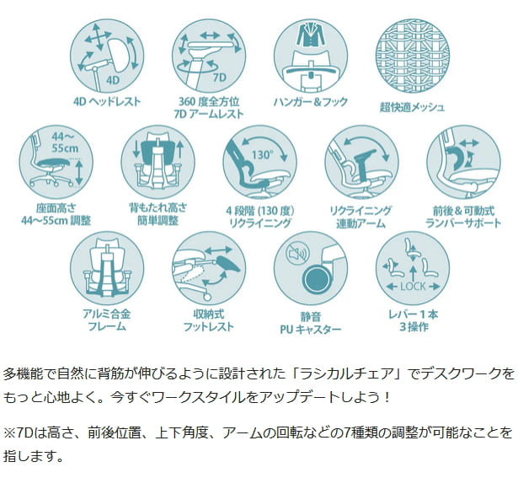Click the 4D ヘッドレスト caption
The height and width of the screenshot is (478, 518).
pos(107,101)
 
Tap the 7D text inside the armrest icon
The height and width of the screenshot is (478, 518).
pos(219,77)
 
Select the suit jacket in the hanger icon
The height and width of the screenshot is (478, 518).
pos(310,34)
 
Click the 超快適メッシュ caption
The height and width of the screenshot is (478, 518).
pos(412,107)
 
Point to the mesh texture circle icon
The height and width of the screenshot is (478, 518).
pos(413,56)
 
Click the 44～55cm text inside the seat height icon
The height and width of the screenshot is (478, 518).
pos(65,142)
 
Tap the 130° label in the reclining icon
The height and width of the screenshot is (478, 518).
pos(263,155)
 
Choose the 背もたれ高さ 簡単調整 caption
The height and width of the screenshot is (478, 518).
pos(158,214)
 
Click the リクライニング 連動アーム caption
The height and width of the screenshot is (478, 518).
pos(360,217)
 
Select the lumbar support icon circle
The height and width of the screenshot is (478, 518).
pos(463,162)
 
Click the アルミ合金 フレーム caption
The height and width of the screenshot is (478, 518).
pos(107,320)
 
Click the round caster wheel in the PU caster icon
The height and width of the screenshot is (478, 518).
pos(316,280)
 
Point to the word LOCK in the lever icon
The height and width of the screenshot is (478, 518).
pos(413,286)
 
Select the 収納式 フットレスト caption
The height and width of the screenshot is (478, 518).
pos(209,320)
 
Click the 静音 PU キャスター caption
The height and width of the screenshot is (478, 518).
pos(311,323)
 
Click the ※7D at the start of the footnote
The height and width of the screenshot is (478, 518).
pos(18,432)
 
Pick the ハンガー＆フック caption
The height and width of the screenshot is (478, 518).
pos(311,101)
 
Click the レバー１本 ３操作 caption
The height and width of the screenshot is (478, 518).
pos(414,320)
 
